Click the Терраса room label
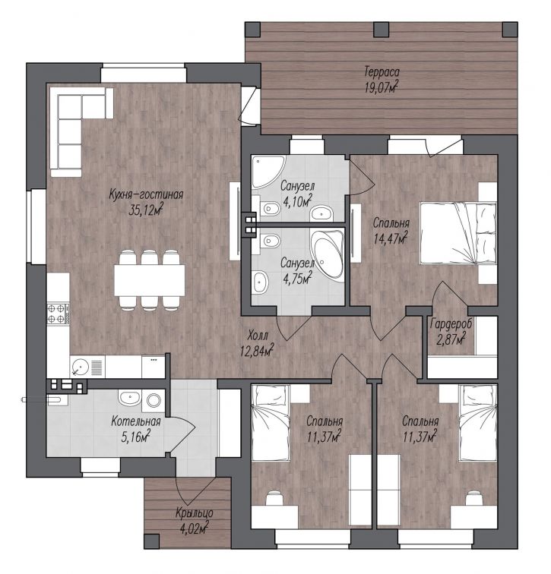click(x=382, y=71)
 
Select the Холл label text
click(x=258, y=335)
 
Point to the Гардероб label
click(x=451, y=324)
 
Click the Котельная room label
click(x=136, y=421)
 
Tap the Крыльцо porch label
click(x=194, y=513)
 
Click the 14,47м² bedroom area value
click(x=391, y=238)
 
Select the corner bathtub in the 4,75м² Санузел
click(x=327, y=255)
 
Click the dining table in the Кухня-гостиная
click(x=150, y=280)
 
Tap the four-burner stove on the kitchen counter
click(x=58, y=314)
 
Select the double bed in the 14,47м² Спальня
click(x=458, y=233)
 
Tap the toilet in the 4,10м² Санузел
click(x=268, y=209)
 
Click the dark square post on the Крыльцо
click(x=152, y=541)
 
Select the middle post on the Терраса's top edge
click(x=381, y=30)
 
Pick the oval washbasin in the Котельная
click(x=129, y=398)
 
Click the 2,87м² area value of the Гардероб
click(x=451, y=339)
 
